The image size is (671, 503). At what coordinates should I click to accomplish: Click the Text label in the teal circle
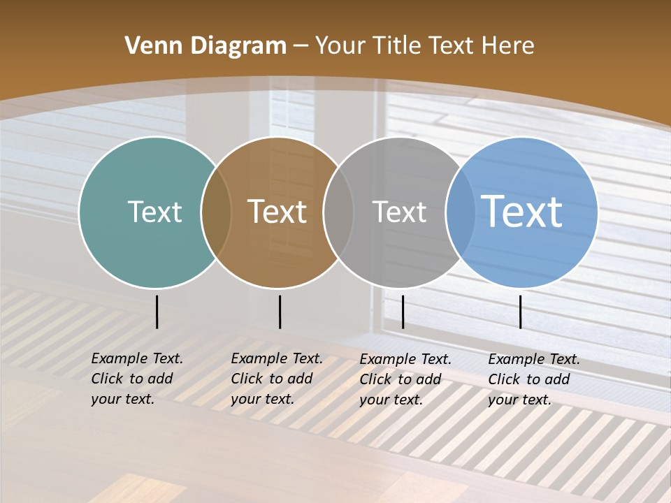(154, 212)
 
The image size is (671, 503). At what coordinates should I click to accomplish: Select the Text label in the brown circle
(277, 212)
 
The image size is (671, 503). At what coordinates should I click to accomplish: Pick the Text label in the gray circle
(399, 212)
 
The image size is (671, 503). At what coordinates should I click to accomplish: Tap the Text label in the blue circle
(522, 211)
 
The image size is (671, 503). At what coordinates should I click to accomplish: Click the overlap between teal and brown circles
(216, 212)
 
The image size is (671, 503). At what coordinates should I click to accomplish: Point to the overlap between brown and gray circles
(338, 212)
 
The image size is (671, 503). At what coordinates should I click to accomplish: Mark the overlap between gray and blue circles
(461, 212)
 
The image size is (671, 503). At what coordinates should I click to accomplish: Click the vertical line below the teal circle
(157, 312)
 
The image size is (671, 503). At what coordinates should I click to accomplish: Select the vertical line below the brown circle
(280, 312)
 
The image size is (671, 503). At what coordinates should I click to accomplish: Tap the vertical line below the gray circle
(403, 312)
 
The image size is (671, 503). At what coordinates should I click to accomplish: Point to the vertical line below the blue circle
(520, 312)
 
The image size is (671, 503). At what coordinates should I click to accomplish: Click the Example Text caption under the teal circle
(136, 379)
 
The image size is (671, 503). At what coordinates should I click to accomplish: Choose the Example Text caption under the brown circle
(276, 379)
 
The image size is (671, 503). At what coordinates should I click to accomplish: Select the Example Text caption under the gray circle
(405, 379)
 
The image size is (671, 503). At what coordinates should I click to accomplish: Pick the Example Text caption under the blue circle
(533, 379)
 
